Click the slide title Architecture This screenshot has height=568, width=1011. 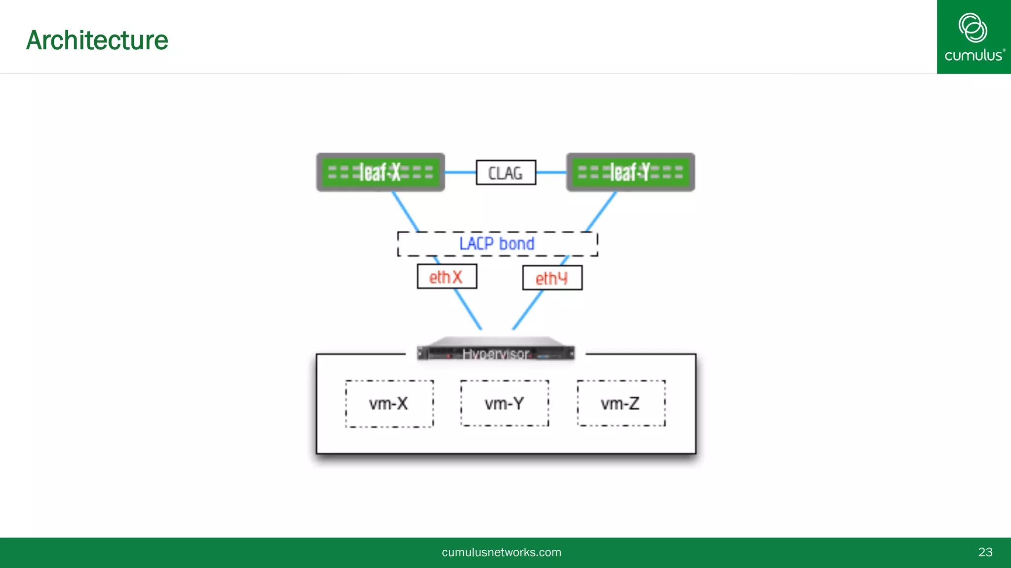point(97,40)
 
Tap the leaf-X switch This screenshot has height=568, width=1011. point(380,172)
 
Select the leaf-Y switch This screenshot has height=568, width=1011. point(630,172)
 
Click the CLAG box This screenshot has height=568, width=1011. point(505,173)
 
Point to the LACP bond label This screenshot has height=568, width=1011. point(497,244)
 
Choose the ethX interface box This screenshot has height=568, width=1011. point(446,277)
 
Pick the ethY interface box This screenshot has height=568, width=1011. point(552,278)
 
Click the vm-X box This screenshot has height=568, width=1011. point(389,404)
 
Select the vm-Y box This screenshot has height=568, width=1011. point(505,403)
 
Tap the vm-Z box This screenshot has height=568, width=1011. point(621,403)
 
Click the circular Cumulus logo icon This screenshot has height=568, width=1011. point(972,28)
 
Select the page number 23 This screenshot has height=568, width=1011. point(985,552)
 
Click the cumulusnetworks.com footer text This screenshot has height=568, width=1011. point(501,552)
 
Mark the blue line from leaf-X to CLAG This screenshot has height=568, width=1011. point(460,173)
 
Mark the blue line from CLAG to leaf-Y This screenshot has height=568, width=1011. point(551,173)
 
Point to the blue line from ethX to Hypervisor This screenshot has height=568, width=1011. point(468,309)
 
